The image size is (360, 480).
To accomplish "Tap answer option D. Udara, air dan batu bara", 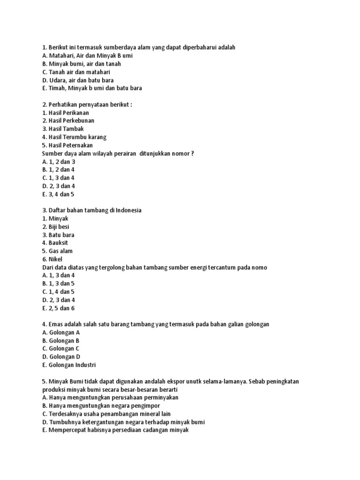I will (x=78, y=80).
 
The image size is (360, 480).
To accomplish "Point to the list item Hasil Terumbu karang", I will (x=74, y=137).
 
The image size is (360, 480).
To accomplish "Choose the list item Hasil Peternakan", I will (x=67, y=145).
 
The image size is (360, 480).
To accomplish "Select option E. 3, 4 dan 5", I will (x=58, y=194).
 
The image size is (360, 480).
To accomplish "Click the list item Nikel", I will (x=52, y=259).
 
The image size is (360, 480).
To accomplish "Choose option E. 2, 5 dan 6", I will (x=58, y=308).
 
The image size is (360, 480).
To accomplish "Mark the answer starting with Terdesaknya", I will (x=106, y=413).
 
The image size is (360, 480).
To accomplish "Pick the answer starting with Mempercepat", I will (x=115, y=430).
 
